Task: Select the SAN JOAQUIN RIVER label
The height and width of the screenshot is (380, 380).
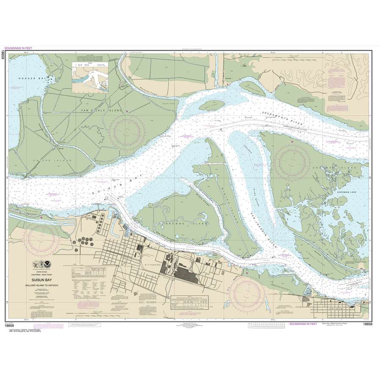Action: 265,229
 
